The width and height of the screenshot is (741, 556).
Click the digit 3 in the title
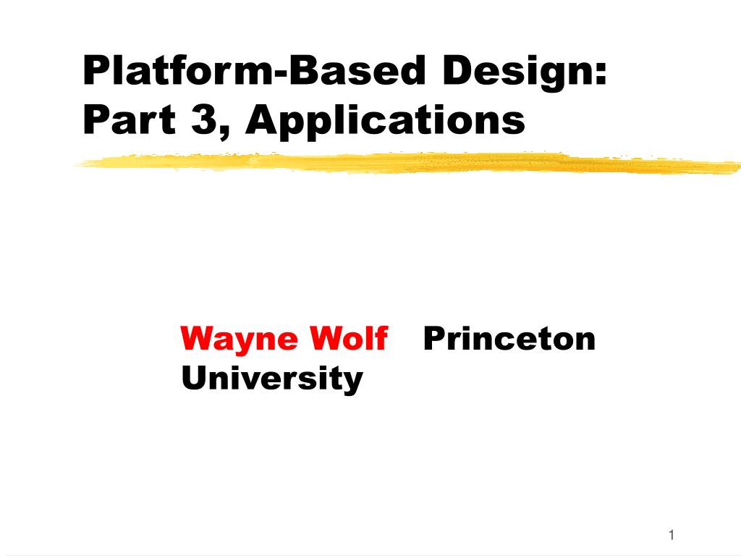204,120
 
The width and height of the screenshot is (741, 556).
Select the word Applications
385,122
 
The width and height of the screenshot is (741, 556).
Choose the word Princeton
509,337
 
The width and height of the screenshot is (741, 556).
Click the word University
271,378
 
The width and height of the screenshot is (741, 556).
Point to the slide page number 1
672,535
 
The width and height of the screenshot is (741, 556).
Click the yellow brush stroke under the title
405,163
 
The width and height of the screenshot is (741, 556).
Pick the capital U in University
193,377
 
